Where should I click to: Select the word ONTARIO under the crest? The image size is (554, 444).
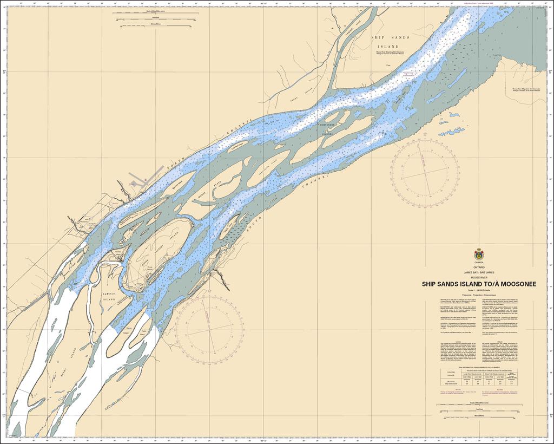coord(479,267)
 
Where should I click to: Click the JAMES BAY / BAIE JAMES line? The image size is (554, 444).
coord(479,272)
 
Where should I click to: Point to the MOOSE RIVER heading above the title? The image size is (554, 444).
coord(479,277)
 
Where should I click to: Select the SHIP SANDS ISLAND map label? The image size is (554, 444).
coord(390,42)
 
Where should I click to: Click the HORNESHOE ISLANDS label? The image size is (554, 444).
coord(327,128)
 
